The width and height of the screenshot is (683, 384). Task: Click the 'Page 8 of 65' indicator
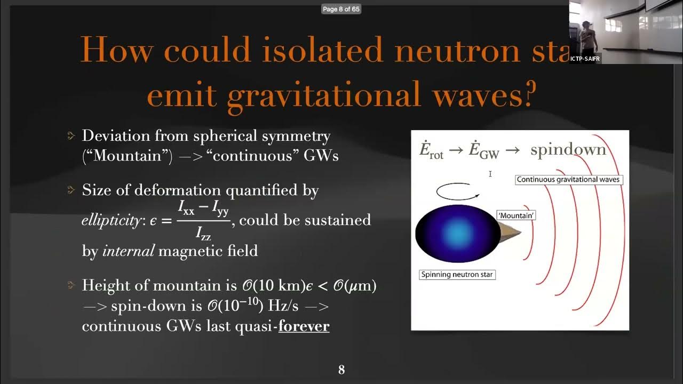click(x=341, y=9)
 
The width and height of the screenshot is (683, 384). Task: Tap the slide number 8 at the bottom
click(x=341, y=369)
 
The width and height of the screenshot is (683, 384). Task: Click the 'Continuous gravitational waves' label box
click(x=568, y=180)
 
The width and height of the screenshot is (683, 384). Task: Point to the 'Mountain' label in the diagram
click(x=516, y=215)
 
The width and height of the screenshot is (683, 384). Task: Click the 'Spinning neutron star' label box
click(x=457, y=275)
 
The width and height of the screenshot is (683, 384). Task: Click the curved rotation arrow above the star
click(x=458, y=191)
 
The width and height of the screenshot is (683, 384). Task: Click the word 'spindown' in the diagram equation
click(x=568, y=150)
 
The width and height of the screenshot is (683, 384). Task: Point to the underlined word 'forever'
click(x=304, y=326)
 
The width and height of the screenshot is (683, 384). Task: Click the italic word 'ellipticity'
click(x=109, y=220)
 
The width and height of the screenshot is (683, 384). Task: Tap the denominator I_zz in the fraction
click(x=203, y=233)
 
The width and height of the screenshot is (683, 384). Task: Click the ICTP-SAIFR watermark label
click(x=585, y=59)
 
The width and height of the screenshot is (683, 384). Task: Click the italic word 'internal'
click(x=128, y=251)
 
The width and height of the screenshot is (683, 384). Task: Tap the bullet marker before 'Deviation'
click(x=72, y=136)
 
